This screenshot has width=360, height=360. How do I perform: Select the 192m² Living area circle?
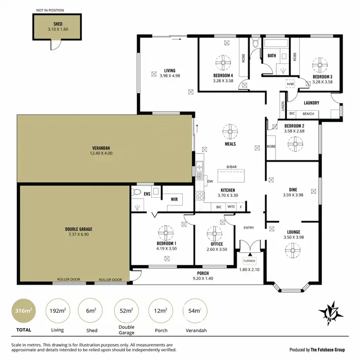point(57,311)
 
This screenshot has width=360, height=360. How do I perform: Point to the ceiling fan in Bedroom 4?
point(223,62)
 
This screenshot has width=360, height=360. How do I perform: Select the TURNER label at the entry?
point(249,261)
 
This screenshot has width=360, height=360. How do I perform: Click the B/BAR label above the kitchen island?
point(231,167)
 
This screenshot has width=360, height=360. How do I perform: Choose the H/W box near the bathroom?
point(290,84)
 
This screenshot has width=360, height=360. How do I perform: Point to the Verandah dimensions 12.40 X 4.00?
point(101,153)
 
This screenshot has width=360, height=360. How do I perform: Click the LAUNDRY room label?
point(312,103)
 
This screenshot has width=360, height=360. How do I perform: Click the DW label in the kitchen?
point(210,181)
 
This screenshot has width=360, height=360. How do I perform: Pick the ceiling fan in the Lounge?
point(293,249)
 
